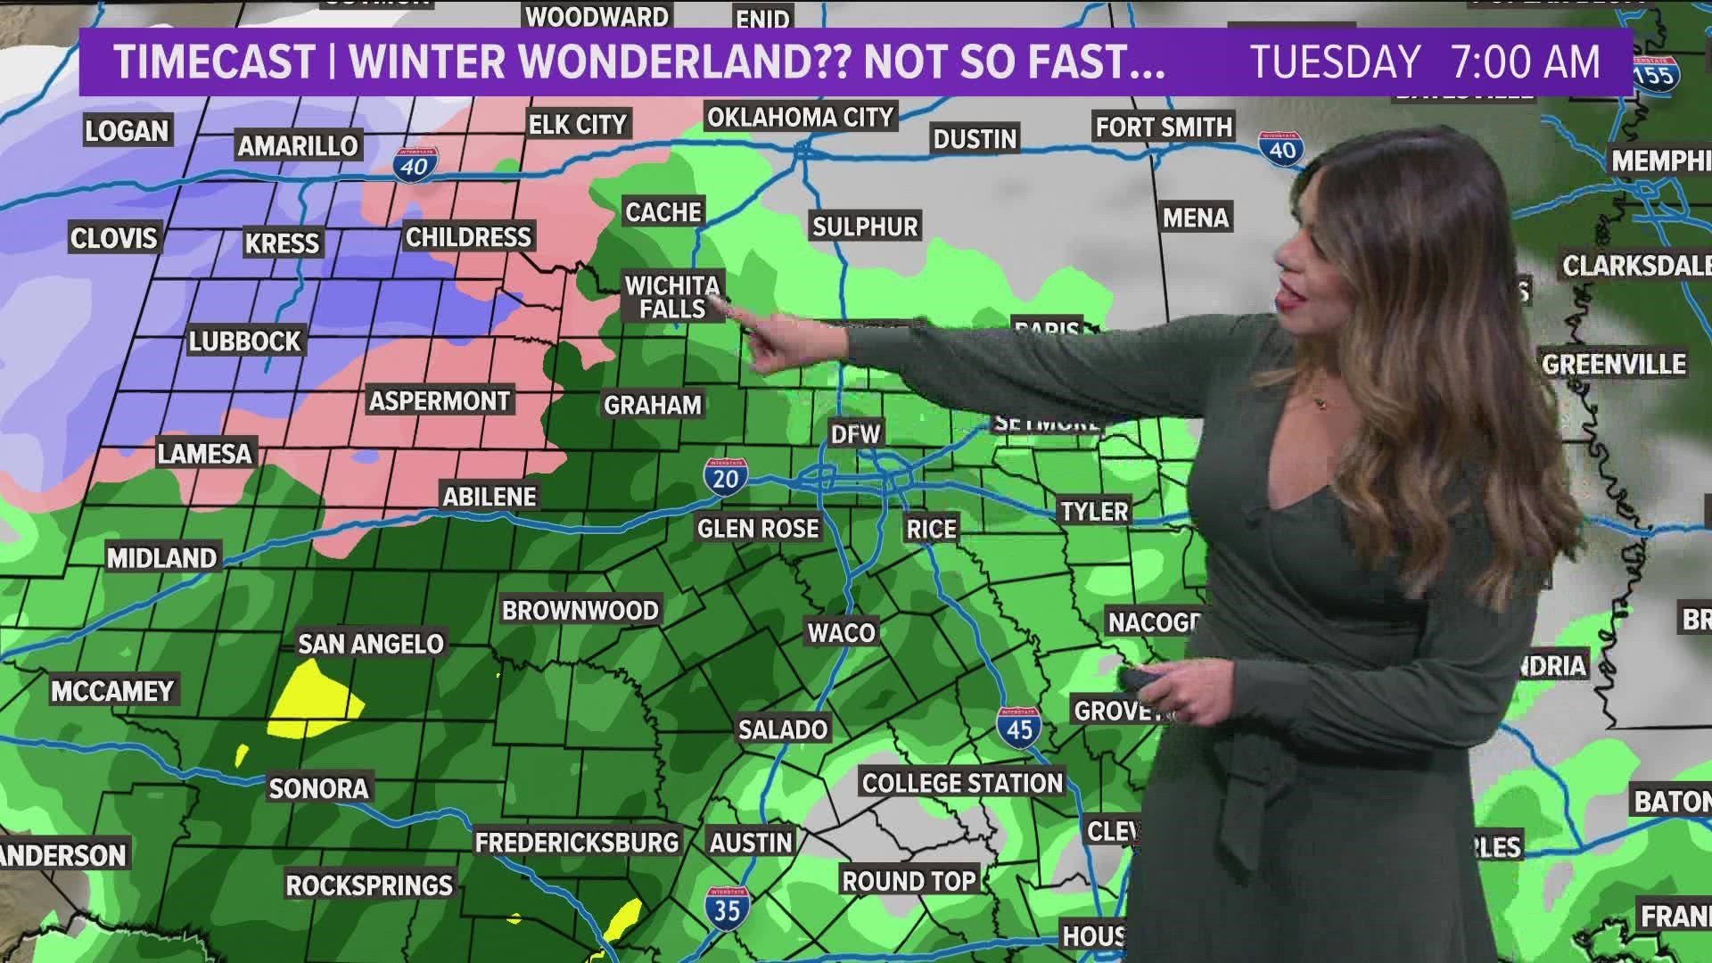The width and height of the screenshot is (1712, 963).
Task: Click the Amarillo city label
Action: click(298, 145)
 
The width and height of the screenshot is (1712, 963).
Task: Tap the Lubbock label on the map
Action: click(245, 342)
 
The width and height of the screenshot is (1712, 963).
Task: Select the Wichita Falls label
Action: click(672, 297)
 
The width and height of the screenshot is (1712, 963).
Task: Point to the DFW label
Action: click(856, 434)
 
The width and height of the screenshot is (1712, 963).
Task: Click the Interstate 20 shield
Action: click(725, 476)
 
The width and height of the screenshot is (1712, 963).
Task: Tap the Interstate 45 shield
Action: click(1018, 727)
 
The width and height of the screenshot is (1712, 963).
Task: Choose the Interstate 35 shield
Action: click(726, 906)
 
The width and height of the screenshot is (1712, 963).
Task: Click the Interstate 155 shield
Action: click(1655, 73)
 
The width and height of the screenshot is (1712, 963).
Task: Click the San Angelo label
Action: click(371, 643)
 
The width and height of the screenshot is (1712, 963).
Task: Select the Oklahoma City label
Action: click(800, 117)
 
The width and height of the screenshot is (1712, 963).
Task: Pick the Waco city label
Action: click(841, 632)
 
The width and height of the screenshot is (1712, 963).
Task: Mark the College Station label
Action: click(962, 783)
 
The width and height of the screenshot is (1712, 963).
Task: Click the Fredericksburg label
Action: click(577, 842)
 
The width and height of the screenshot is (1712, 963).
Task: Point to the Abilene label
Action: click(490, 497)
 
